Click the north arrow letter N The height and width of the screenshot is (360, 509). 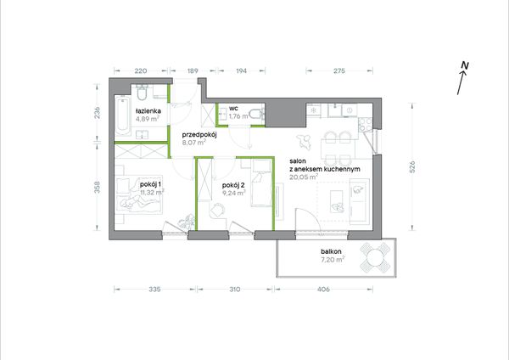coord(465,65)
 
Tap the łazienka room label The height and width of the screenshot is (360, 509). coord(148,110)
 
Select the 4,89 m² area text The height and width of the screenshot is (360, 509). coord(148,119)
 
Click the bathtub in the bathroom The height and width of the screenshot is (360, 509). coord(122,116)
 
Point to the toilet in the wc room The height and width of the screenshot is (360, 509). coord(258,115)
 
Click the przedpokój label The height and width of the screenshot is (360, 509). coord(199,135)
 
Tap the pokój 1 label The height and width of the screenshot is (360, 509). coord(151,184)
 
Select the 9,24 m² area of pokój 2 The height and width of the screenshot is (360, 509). coord(234,193)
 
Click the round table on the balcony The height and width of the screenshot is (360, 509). coord(375,257)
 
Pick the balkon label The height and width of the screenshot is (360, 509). coord(331,251)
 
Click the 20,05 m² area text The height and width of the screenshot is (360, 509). coord(304,177)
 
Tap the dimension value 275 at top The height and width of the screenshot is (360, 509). coord(339,70)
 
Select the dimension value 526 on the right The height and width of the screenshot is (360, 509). coord(412,166)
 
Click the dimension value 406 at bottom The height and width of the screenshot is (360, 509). coord(323,289)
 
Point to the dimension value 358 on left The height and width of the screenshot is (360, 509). coord(98,187)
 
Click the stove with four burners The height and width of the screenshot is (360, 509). coord(365,124)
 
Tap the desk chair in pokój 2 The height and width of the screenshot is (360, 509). coord(217,210)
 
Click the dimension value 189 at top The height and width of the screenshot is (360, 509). coord(193,70)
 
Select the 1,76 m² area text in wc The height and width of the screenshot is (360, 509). coord(239,116)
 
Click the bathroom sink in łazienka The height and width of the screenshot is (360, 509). coord(143,134)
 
